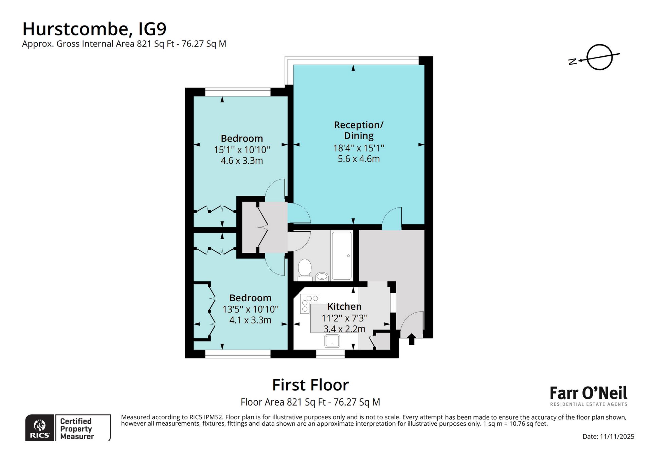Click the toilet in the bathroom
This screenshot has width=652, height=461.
pyautogui.click(x=305, y=268)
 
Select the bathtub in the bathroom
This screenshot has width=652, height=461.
pyautogui.click(x=341, y=255)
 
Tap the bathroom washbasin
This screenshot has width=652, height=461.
pyautogui.click(x=322, y=276)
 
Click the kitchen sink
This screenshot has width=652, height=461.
pyautogui.click(x=332, y=341)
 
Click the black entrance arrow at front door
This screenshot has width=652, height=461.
pyautogui.click(x=411, y=339)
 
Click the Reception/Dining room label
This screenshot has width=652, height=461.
pyautogui.click(x=359, y=130)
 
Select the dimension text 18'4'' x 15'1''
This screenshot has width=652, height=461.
pyautogui.click(x=359, y=148)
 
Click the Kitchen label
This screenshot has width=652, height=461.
pyautogui.click(x=344, y=306)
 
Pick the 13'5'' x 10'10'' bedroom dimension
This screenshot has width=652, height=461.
pyautogui.click(x=250, y=309)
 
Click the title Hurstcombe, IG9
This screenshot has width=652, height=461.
pyautogui.click(x=94, y=29)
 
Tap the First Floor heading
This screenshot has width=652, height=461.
pyautogui.click(x=310, y=385)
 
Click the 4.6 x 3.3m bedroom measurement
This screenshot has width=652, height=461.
pyautogui.click(x=242, y=160)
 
